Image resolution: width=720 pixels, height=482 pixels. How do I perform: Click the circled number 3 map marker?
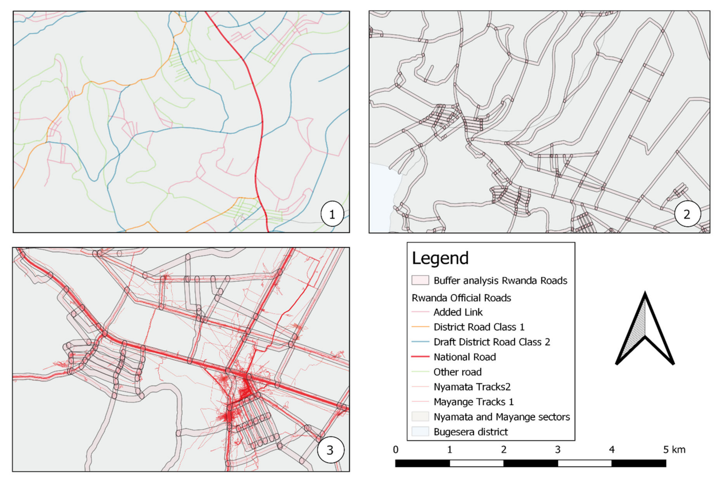(330, 450)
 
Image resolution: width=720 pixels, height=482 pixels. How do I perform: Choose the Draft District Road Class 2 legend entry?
(492, 342)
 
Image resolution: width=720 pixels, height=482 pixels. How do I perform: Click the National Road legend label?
(465, 357)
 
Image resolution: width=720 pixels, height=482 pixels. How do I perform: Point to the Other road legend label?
(457, 372)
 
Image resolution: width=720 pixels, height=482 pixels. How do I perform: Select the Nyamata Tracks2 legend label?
(472, 387)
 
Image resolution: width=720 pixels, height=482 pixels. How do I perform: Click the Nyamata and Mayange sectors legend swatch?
(420, 417)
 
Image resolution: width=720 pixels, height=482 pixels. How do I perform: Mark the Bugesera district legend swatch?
(420, 432)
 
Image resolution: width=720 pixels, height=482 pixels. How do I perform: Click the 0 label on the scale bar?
(396, 450)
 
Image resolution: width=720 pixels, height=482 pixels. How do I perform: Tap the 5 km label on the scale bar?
(674, 450)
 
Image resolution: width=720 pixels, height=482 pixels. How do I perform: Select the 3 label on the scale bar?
(558, 450)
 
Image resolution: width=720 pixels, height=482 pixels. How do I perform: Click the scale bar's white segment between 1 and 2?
(477, 463)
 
